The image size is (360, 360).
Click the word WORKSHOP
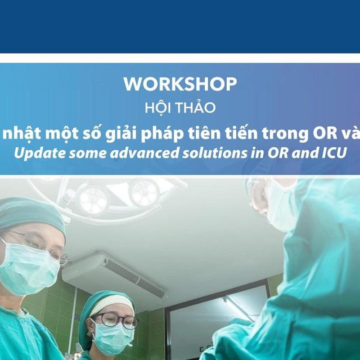[180, 84]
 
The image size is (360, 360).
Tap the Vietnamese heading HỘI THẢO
[180, 108]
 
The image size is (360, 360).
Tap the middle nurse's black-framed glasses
[115, 320]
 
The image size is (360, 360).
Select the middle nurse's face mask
[112, 338]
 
